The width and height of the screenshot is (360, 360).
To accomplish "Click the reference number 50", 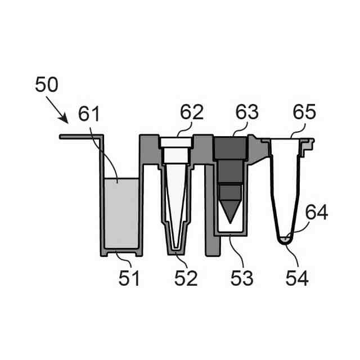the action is [x=47, y=84].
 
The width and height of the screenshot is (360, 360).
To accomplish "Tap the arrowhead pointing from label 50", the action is [x=64, y=119].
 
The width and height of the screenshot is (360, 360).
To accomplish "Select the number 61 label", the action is [x=89, y=114].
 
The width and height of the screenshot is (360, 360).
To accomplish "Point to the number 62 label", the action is [x=192, y=112].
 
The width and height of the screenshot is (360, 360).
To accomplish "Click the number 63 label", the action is [x=247, y=112].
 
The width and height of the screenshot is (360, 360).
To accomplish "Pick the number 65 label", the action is [x=304, y=112].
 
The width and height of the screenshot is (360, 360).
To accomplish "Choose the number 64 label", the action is [x=317, y=213].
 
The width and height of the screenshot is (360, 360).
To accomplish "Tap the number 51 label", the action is [x=129, y=278].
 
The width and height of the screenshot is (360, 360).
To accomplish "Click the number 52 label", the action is [x=186, y=278].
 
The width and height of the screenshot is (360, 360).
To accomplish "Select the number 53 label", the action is [x=242, y=278].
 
